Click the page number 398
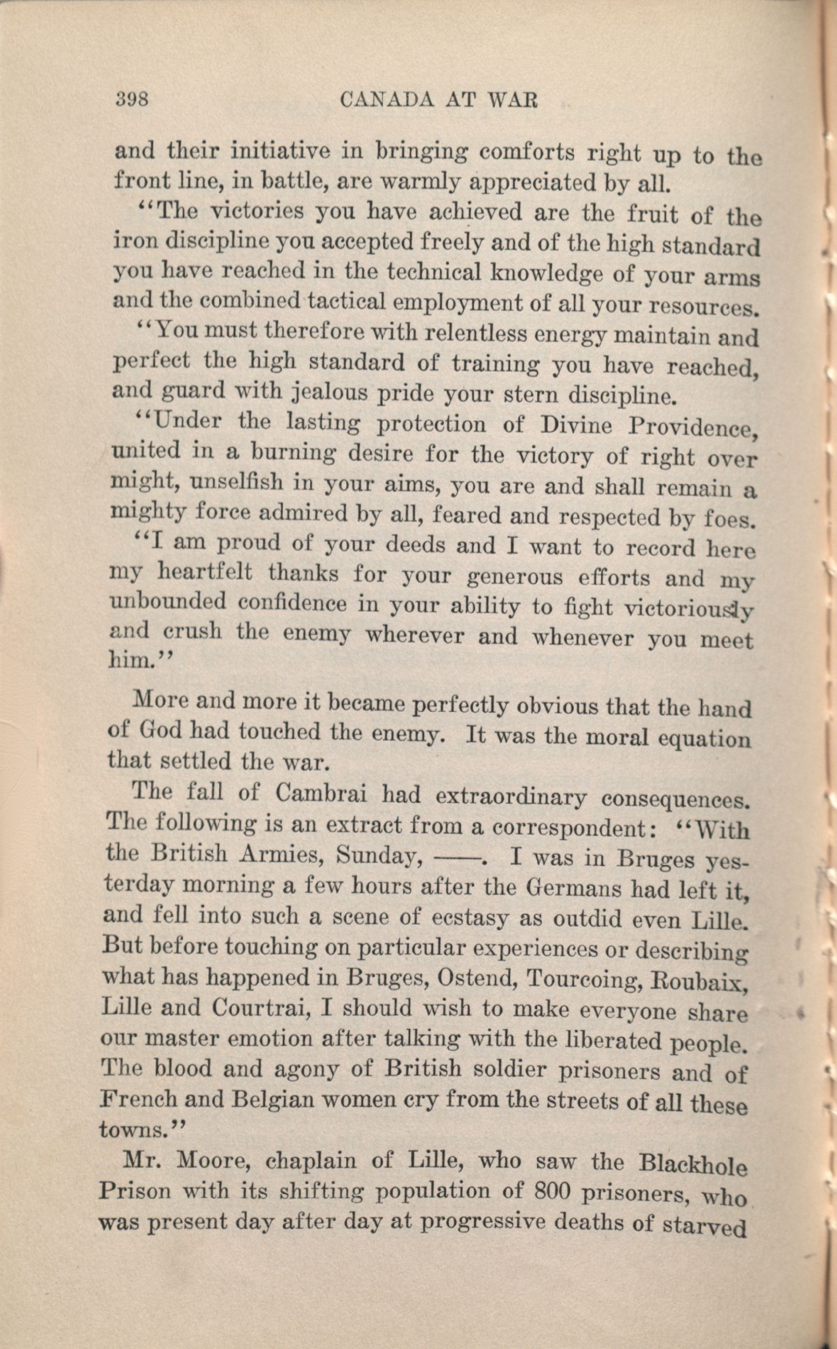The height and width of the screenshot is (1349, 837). [x=132, y=99]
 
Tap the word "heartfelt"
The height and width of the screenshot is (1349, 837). [x=205, y=572]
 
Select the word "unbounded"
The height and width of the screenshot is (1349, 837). [x=168, y=601]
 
